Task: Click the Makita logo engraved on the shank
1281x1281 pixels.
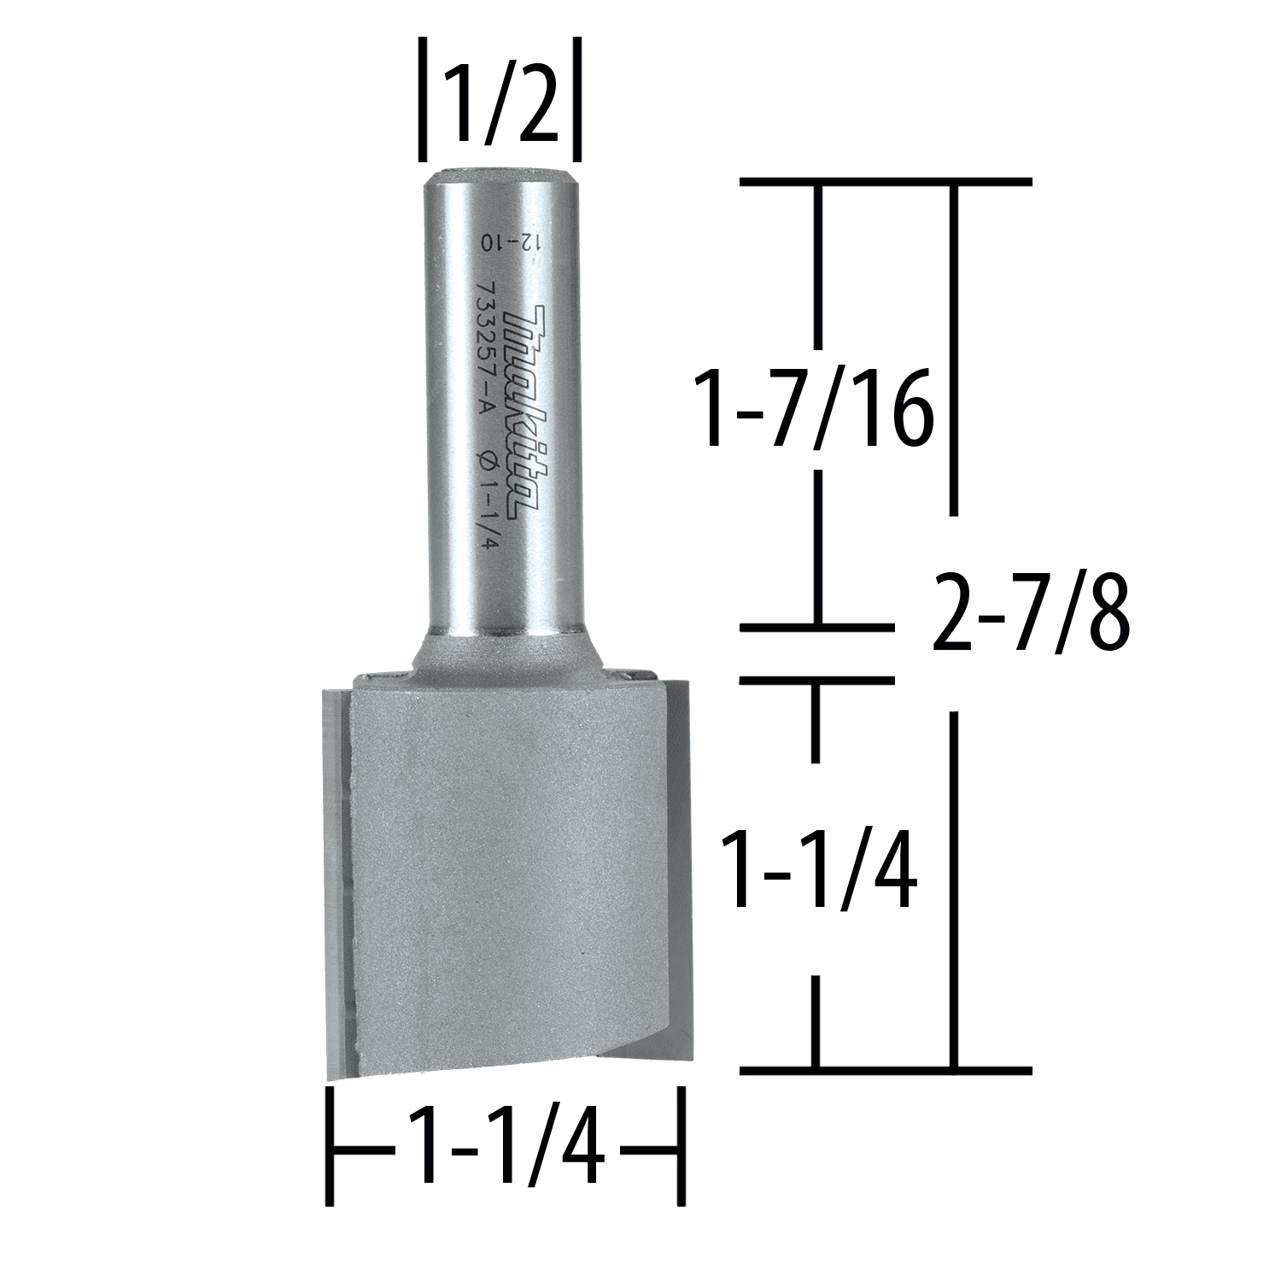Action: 524,413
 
